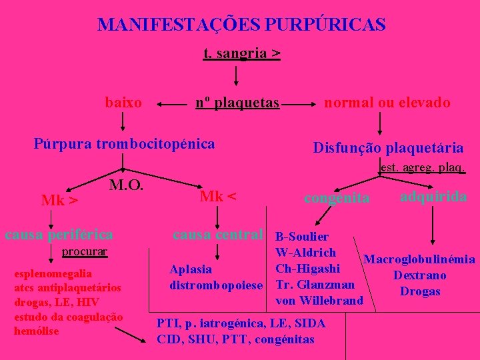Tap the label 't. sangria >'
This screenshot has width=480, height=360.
(x=241, y=53)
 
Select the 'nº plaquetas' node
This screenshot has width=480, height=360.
(x=237, y=102)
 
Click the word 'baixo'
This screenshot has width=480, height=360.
(x=123, y=102)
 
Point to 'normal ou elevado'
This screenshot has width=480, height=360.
(x=387, y=102)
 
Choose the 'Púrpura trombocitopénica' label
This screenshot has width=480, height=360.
(x=125, y=143)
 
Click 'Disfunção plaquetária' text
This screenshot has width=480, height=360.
(x=388, y=148)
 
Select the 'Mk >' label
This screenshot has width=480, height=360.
(x=59, y=200)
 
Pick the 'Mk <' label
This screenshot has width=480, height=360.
(x=219, y=196)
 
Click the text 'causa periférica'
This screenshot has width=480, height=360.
(x=59, y=234)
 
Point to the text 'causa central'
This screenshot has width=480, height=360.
(x=218, y=234)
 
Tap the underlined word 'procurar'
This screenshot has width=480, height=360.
(x=85, y=252)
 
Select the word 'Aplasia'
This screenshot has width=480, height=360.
(x=191, y=269)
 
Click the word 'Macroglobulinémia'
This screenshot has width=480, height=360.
(x=420, y=259)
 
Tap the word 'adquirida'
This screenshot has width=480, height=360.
(x=433, y=197)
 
